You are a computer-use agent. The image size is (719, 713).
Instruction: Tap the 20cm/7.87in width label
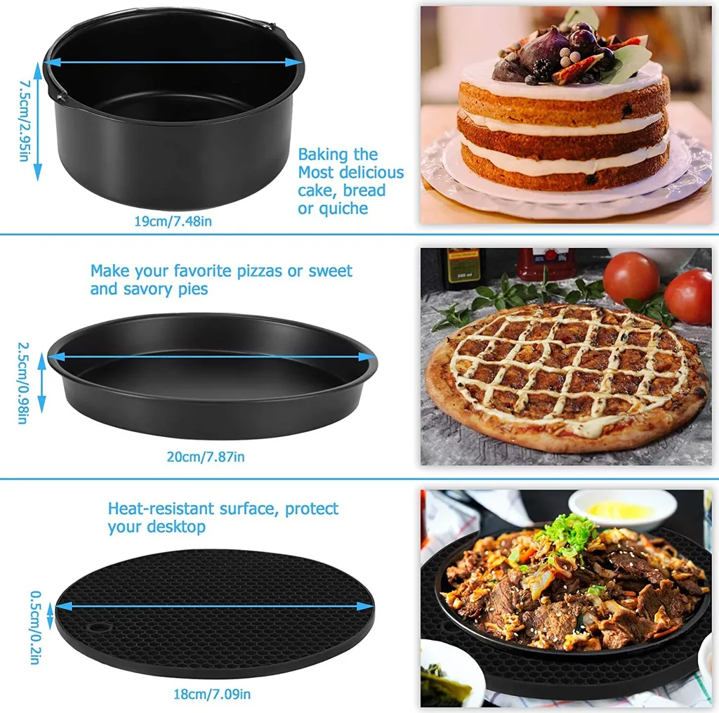(205, 457)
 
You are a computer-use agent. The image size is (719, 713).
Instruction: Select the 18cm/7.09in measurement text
(212, 695)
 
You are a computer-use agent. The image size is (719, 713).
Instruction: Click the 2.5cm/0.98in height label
(23, 383)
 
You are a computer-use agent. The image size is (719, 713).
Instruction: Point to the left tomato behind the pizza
(631, 278)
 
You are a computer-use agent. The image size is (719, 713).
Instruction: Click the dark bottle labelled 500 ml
(463, 268)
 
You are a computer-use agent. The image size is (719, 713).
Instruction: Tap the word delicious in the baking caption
(371, 173)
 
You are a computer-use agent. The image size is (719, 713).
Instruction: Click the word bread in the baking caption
(362, 190)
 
